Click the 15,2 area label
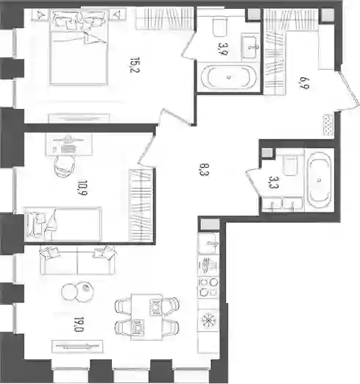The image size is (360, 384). (135, 65)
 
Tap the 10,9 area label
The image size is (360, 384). (82, 188)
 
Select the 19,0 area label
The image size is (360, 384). (79, 324)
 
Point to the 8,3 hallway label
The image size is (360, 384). (204, 170)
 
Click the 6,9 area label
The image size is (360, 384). (304, 83)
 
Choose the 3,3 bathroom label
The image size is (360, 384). (273, 182)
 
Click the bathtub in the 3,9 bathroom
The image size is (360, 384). (229, 77)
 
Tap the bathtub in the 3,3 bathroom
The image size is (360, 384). (319, 180)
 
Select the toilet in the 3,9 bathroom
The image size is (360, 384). (220, 26)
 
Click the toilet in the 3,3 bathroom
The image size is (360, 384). (290, 166)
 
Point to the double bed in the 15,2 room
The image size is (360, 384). (79, 48)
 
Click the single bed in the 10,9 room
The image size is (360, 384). (63, 224)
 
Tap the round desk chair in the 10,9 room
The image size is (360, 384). (65, 166)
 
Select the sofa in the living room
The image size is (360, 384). (77, 260)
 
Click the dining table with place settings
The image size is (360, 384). (147, 317)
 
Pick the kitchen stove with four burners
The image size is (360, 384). (208, 287)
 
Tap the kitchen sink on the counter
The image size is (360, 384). (208, 243)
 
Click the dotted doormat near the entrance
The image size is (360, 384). (328, 125)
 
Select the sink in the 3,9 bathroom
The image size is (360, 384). (250, 46)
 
